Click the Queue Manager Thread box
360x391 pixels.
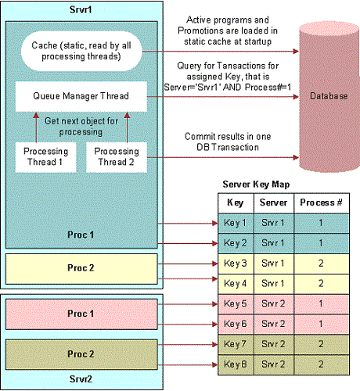tap(81, 97)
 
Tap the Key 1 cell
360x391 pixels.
tap(234, 223)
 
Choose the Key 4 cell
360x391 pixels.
tap(234, 282)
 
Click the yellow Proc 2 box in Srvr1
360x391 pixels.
tap(81, 268)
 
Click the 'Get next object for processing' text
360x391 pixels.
tap(82, 127)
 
